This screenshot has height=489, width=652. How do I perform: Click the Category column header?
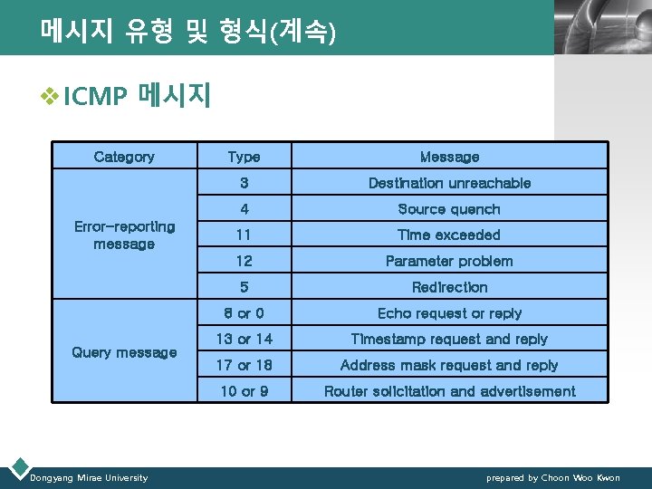tap(124, 157)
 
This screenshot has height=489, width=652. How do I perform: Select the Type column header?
tap(244, 157)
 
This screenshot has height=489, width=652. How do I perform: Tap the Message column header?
tap(449, 157)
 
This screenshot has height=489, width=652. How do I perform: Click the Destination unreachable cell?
tap(449, 183)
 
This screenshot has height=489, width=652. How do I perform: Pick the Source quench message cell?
tap(449, 209)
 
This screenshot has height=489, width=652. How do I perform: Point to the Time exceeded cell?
tap(449, 235)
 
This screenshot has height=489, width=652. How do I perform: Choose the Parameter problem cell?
tap(449, 261)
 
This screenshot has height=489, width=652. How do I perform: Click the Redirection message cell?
tap(449, 287)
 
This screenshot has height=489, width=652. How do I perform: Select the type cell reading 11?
tap(244, 235)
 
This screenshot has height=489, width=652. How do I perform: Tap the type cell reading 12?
tap(244, 261)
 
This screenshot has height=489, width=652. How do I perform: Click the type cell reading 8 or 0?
tap(244, 313)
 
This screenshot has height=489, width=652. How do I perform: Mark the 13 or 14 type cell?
tap(244, 339)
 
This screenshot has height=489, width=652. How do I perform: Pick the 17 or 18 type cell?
tap(244, 365)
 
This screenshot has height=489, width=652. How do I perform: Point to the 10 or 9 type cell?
tap(244, 391)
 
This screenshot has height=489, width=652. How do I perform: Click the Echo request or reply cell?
tap(449, 313)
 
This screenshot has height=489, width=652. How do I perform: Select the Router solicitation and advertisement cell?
tap(449, 391)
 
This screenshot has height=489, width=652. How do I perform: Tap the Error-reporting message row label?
tap(124, 235)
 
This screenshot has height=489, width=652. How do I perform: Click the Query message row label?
tap(124, 352)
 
